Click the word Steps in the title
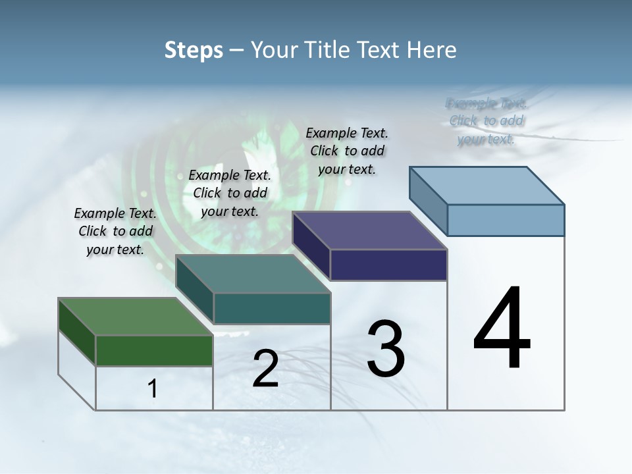[x=193, y=50]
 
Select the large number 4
[x=502, y=329]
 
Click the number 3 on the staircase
[x=386, y=349]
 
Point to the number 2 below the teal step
[x=265, y=369]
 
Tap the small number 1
[x=153, y=389]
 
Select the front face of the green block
[x=154, y=350]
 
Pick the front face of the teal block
[x=272, y=308]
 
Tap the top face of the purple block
[x=369, y=230]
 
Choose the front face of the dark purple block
[x=388, y=265]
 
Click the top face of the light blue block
[x=487, y=185]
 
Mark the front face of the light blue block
[x=506, y=220]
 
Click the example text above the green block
[x=115, y=231]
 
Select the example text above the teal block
[x=230, y=193]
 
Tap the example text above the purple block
[x=347, y=151]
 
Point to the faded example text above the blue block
[x=487, y=120]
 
